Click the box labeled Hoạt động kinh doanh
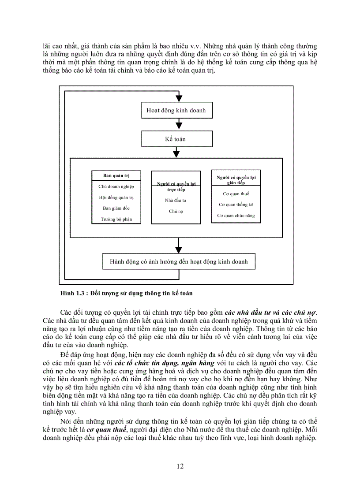(x=176, y=110)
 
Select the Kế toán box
(x=176, y=139)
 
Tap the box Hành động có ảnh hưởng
(x=179, y=261)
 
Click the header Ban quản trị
(x=116, y=175)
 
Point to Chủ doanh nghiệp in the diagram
(x=116, y=186)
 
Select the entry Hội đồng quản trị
(x=116, y=197)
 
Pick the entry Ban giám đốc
(x=116, y=208)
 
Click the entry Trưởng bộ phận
(x=116, y=219)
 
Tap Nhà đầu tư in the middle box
(x=176, y=200)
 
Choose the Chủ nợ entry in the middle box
(x=176, y=211)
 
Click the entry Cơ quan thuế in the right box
(x=236, y=194)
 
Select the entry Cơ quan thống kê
(x=236, y=205)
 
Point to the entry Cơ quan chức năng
(x=236, y=216)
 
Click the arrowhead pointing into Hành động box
(x=179, y=249)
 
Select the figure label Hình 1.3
(x=73, y=293)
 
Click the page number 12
(x=180, y=466)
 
